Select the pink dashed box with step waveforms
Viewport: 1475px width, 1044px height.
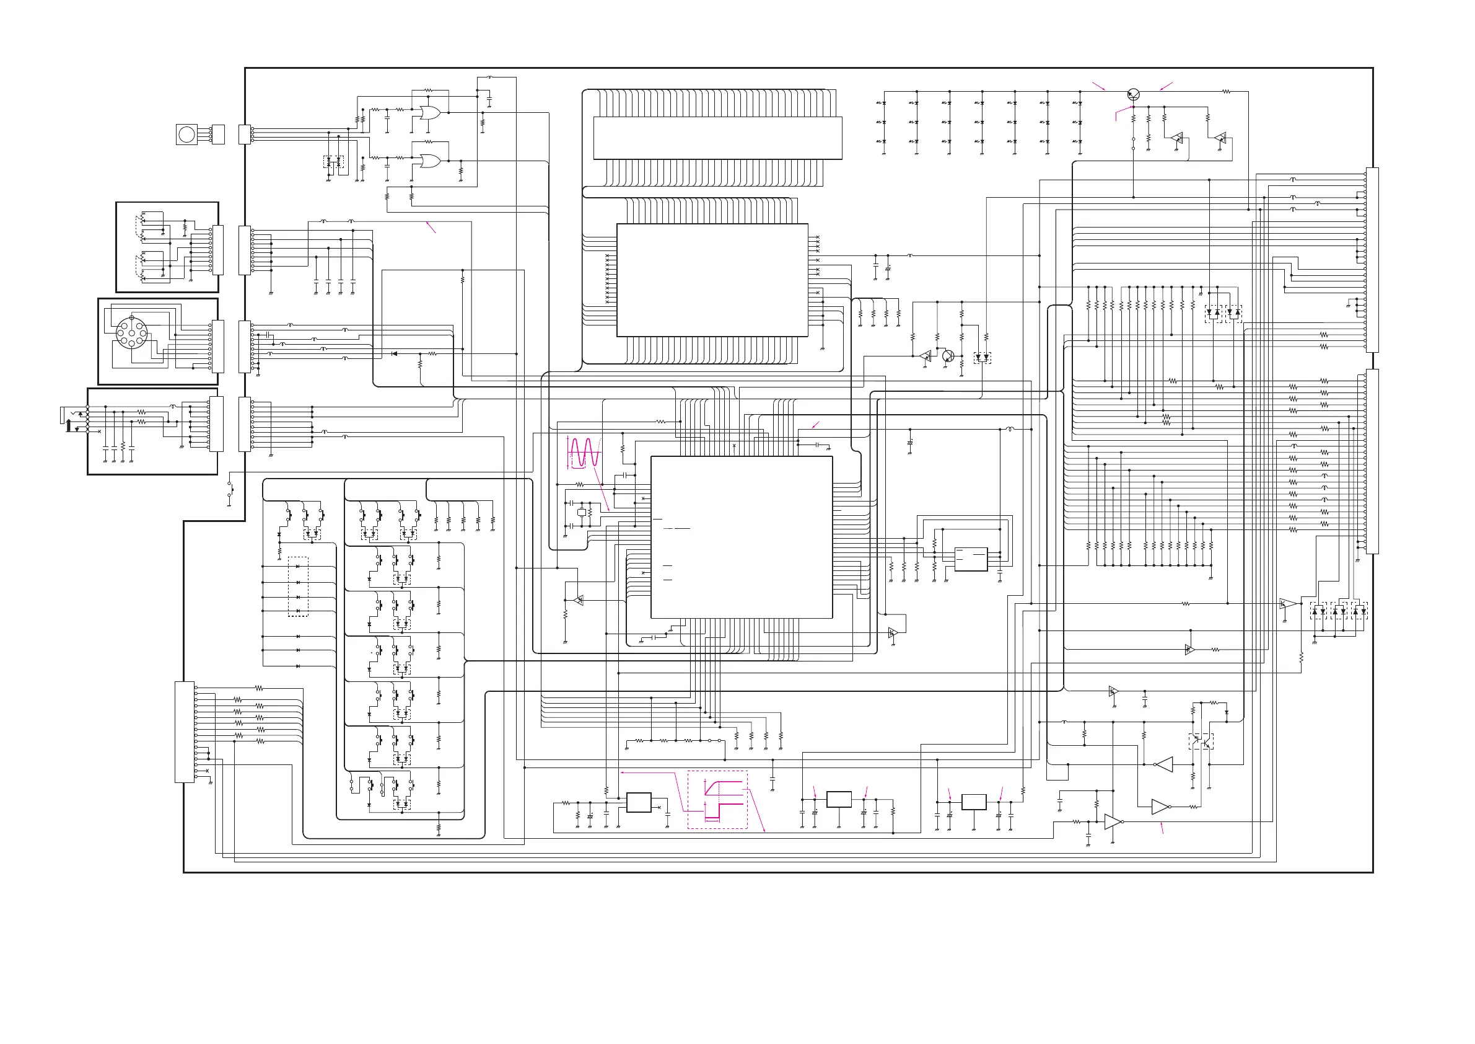tap(717, 800)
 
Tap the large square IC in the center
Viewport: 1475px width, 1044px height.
tap(742, 537)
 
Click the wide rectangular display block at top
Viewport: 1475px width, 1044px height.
tap(717, 138)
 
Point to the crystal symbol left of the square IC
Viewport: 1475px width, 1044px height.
tap(582, 512)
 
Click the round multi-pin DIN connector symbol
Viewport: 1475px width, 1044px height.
tap(132, 332)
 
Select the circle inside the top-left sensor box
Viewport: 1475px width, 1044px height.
tap(186, 135)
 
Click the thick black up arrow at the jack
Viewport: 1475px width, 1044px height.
tap(69, 425)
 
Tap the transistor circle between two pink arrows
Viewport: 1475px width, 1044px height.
tap(1133, 95)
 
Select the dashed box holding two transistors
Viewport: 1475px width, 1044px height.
tap(1201, 741)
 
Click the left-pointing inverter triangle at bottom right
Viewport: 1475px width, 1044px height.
tap(1164, 764)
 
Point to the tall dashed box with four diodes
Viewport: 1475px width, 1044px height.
tap(298, 587)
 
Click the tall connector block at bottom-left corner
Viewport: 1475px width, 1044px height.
tap(185, 732)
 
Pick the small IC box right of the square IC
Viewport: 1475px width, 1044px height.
tap(971, 559)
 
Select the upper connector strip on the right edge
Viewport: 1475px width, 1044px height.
tap(1372, 260)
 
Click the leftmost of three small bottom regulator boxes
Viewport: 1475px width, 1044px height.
tap(639, 803)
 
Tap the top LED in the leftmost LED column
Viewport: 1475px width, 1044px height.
tap(884, 103)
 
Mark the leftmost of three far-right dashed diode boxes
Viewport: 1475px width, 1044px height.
tap(1318, 611)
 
